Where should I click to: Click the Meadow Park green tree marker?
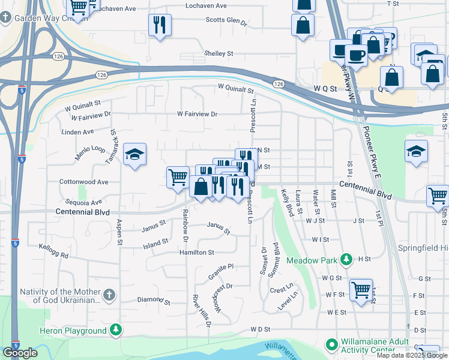click(346, 260)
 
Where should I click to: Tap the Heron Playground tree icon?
click(116, 329)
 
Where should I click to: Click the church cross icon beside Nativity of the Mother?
click(109, 295)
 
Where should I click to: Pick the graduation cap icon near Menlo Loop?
click(135, 154)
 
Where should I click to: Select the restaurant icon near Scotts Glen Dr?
click(160, 25)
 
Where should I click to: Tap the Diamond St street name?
click(150, 299)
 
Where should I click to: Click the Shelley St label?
click(218, 53)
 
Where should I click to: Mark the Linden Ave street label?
click(78, 131)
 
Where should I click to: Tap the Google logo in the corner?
click(20, 353)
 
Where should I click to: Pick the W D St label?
click(262, 329)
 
